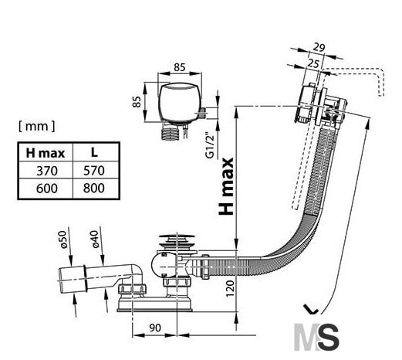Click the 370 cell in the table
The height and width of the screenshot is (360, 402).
pyautogui.click(x=47, y=171)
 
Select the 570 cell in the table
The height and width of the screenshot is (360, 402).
pyautogui.click(x=94, y=171)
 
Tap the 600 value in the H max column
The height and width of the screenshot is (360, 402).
pyautogui.click(x=47, y=188)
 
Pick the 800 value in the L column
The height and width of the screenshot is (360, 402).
pyautogui.click(x=94, y=188)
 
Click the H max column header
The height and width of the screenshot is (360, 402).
pyautogui.click(x=46, y=153)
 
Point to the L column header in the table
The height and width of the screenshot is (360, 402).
pyautogui.click(x=94, y=152)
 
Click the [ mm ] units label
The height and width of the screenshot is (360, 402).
pyautogui.click(x=36, y=126)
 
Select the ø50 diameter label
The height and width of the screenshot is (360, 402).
pyautogui.click(x=63, y=239)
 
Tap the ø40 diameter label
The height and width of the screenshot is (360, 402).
pyautogui.click(x=95, y=239)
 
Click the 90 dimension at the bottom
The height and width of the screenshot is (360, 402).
pyautogui.click(x=155, y=328)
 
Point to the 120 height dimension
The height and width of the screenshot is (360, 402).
pyautogui.click(x=230, y=288)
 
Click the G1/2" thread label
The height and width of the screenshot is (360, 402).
pyautogui.click(x=210, y=145)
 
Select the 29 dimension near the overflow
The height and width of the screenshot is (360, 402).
pyautogui.click(x=319, y=48)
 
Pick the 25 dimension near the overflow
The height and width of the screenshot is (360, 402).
pyautogui.click(x=313, y=63)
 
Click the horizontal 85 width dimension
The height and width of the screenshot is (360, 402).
pyautogui.click(x=179, y=67)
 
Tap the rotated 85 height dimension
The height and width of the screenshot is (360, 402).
pyautogui.click(x=137, y=101)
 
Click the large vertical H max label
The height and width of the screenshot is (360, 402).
pyautogui.click(x=226, y=186)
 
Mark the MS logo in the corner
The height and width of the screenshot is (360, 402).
pyautogui.click(x=316, y=337)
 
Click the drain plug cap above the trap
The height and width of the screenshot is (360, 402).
pyautogui.click(x=177, y=236)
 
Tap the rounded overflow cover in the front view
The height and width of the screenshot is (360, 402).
pyautogui.click(x=180, y=102)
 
